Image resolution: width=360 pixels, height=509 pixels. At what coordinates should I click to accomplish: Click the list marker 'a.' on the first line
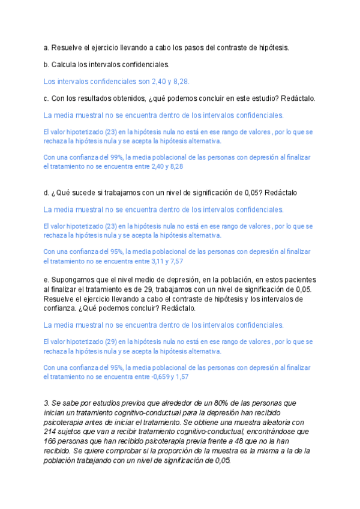(47, 47)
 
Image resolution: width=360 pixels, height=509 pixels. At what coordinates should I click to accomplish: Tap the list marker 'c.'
(47, 98)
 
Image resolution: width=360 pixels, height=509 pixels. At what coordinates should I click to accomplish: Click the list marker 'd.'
(47, 193)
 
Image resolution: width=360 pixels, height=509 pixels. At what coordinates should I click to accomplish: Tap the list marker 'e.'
(47, 280)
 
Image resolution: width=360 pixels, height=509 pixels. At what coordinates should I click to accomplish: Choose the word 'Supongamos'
(74, 280)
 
